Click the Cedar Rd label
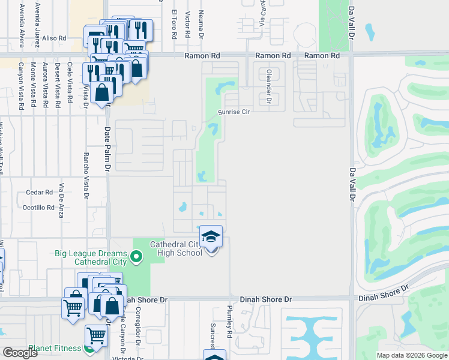tap(40, 193)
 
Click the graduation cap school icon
tap(211, 236)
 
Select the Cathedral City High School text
tap(176, 249)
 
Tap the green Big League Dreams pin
tap(136, 257)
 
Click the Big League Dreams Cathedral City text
tap(100, 257)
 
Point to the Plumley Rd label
tap(229, 320)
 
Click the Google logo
tap(20, 353)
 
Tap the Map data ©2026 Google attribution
tap(412, 355)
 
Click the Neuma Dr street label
tap(202, 23)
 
